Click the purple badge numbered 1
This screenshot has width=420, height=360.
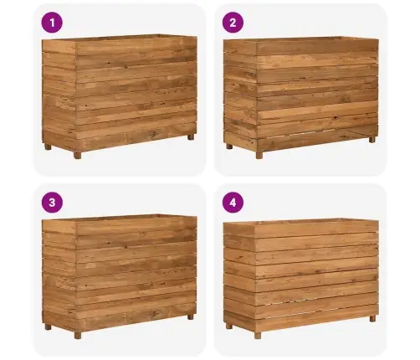coord(52,23)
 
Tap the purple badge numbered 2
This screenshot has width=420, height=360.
coord(233,23)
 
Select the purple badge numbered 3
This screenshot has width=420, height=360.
coord(52,203)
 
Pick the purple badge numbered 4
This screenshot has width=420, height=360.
coord(233,203)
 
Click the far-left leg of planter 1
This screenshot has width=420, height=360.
coord(48,147)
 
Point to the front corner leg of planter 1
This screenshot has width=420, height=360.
coord(78,155)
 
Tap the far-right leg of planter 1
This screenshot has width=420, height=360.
coord(191,137)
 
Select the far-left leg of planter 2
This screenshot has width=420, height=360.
coord(229,147)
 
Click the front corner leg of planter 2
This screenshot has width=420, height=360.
coord(259,155)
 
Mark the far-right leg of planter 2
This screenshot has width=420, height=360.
coord(372,140)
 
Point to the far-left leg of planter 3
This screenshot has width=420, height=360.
coord(48,327)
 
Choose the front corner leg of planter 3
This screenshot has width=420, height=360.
coord(78,335)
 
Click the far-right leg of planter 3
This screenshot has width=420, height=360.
coord(191,317)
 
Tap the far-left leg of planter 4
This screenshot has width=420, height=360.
coord(229,326)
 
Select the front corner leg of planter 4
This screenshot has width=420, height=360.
coord(258,335)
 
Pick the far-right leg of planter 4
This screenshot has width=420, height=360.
coord(372,318)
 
